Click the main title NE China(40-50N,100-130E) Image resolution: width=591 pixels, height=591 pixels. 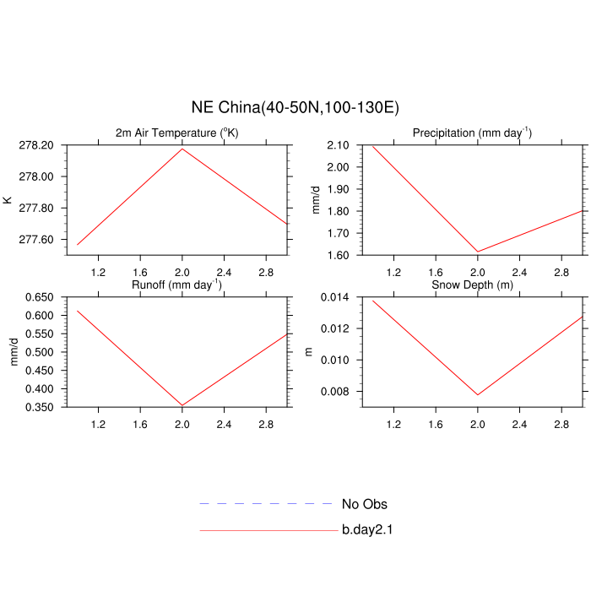pos(295,107)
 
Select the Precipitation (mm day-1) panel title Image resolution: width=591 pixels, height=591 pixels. pos(472,133)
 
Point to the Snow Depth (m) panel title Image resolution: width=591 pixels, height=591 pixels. pos(472,285)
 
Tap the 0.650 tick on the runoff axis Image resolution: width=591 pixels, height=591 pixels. pos(36,297)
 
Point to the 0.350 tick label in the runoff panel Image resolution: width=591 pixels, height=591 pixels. pos(36,407)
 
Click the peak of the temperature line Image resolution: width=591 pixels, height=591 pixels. pos(182,149)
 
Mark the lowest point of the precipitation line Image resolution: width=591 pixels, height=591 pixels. pos(478,252)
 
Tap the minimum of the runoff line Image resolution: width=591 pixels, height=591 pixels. pos(182,405)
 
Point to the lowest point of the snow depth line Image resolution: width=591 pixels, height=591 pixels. pos(478,394)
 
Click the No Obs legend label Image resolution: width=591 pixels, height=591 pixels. pos(365,504)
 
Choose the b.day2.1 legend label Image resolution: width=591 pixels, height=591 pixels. pos(367,530)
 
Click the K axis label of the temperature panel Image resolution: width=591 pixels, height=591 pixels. pos(8,200)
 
